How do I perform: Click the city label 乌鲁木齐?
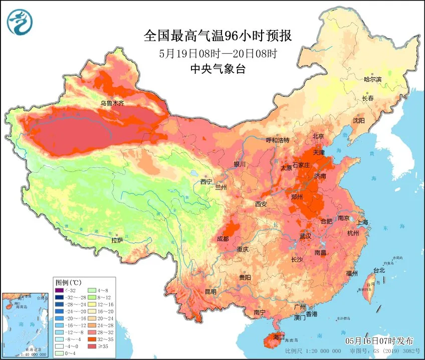pos(111,103)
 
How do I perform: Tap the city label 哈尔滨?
pos(372,79)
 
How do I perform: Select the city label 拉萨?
pos(117,240)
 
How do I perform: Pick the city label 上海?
pos(362,222)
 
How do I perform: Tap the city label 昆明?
pos(210,291)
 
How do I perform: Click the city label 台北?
pos(379,270)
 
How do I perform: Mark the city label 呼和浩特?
pos(278,140)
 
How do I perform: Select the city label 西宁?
pos(206,182)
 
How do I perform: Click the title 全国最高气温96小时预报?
pos(218,36)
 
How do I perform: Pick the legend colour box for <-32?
pos(60,290)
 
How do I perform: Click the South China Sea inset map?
pos(26,324)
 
